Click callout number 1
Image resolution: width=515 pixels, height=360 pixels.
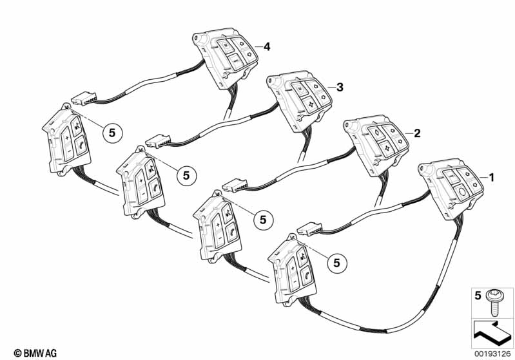tap(491, 178)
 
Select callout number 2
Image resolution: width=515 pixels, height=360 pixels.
tap(417, 133)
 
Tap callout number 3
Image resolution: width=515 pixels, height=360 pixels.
tap(340, 88)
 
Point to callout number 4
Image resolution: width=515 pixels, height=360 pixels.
tap(267, 46)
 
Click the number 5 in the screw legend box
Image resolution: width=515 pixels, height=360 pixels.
tap(478, 296)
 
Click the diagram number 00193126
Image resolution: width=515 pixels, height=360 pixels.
tap(492, 354)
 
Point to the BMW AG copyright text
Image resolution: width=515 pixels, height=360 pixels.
tap(35, 353)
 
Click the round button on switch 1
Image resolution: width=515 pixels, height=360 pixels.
tap(462, 192)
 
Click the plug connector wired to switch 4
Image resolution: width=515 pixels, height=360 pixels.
tap(84, 99)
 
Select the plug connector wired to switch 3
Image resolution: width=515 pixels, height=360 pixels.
tap(158, 141)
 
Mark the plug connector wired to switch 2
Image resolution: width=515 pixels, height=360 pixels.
tap(235, 185)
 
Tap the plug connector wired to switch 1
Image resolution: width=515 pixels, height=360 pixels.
tap(309, 229)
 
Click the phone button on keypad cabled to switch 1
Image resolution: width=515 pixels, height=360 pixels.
tap(307, 274)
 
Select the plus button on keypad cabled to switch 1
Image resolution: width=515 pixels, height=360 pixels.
tap(291, 268)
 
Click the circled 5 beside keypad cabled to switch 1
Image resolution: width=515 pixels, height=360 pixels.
tap(336, 263)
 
